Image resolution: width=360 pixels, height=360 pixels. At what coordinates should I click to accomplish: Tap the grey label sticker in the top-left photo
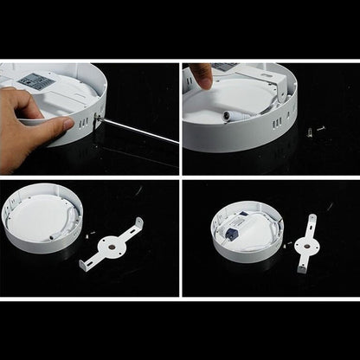tap(35, 80)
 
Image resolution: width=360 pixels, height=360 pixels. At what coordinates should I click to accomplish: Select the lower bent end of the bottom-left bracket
tap(83, 263)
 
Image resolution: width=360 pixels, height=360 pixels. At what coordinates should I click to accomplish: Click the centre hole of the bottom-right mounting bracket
tap(304, 244)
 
